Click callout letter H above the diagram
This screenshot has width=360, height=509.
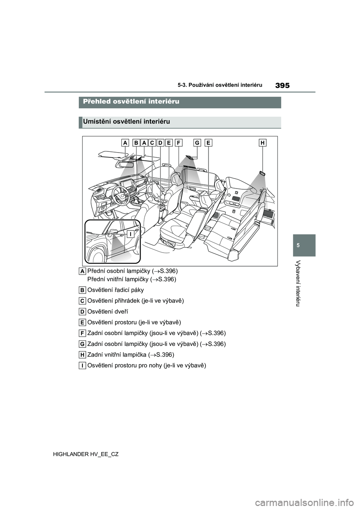pos(262,142)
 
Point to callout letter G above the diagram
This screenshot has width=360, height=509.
pos(198,142)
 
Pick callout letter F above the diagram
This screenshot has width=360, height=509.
pos(178,142)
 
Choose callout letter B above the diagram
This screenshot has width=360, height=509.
pos(135,142)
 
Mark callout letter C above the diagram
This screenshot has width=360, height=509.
pos(152,142)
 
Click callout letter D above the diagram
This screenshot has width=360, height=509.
pos(160,142)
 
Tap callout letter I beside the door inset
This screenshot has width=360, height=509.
pos(129,235)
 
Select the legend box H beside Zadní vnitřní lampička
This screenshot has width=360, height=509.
pos(82,355)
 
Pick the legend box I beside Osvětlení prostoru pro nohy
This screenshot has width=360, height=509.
pos(82,365)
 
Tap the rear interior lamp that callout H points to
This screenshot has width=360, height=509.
pos(262,173)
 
